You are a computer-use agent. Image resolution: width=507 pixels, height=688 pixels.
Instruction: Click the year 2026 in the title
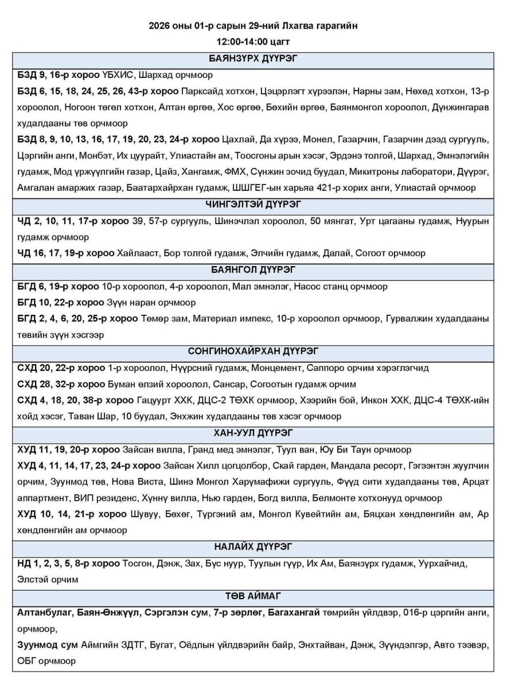click(159, 26)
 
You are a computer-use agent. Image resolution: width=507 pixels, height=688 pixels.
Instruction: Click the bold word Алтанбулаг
click(44, 612)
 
